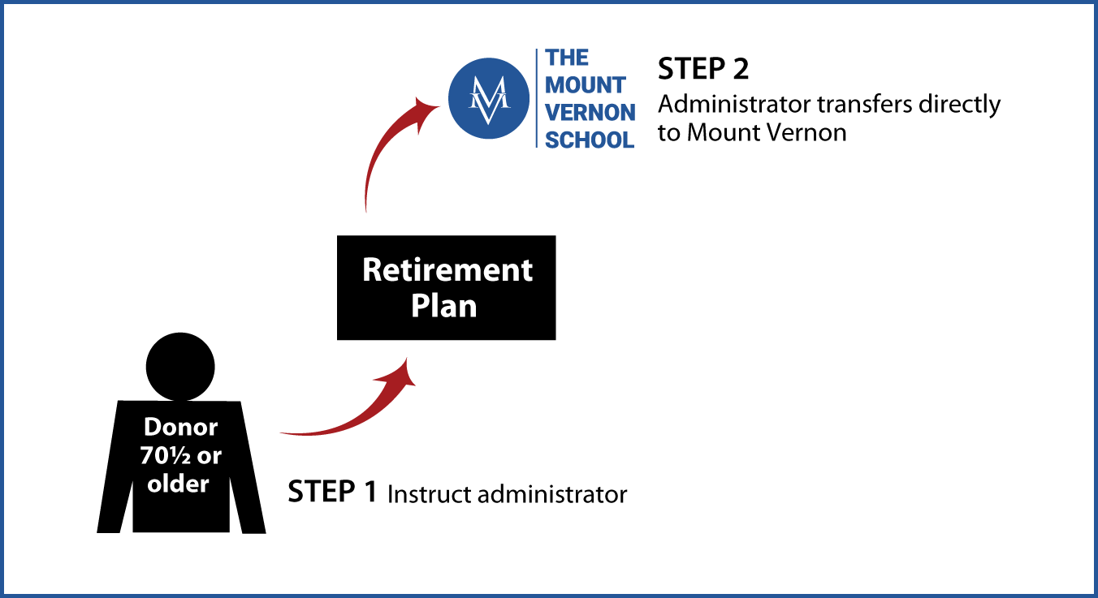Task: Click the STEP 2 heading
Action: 703,69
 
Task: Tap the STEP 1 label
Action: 332,491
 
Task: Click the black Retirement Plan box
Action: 446,287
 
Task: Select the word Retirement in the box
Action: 447,270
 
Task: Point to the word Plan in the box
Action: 443,306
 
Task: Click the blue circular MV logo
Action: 489,98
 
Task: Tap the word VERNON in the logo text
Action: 590,113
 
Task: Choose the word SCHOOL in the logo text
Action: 590,140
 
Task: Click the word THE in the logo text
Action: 567,58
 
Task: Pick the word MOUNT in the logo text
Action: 586,85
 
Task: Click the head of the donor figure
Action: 180,366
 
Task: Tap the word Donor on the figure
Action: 180,427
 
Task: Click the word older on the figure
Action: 179,484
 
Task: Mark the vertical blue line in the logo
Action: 537,98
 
